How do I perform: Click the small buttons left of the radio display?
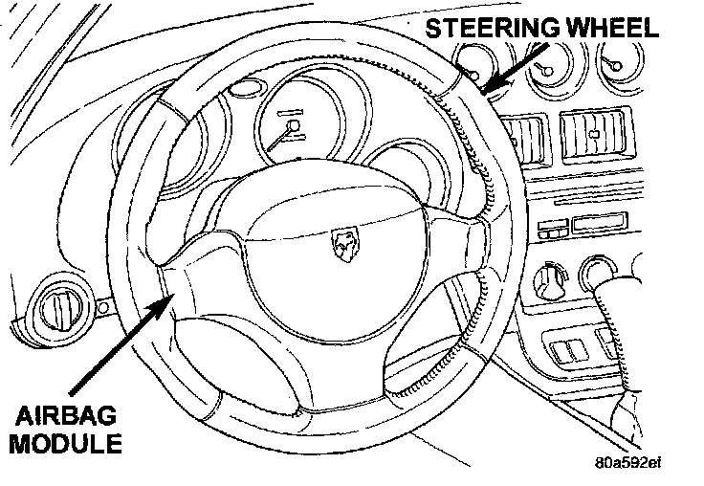coord(554,229)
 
